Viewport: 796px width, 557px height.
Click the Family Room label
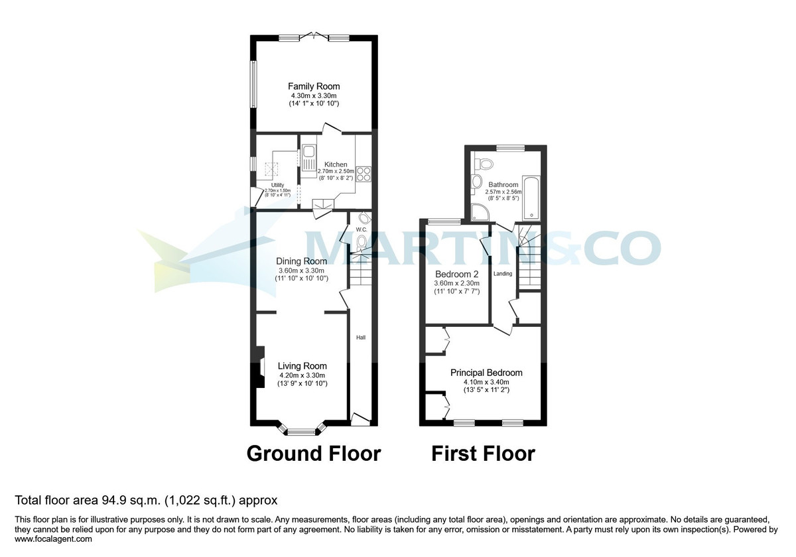pos(314,86)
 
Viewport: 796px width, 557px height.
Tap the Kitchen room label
pos(336,164)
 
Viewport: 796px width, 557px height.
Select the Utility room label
pos(277,185)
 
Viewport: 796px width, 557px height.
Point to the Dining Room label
pos(302,261)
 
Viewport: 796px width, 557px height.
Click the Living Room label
pos(302,366)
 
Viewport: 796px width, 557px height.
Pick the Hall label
pos(361,338)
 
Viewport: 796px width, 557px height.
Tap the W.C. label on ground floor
pos(362,229)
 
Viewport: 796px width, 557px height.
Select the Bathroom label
pos(503,185)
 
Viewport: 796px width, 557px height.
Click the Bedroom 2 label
pos(457,274)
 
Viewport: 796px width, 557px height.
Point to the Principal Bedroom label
pos(486,373)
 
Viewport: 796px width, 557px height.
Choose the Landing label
pos(503,273)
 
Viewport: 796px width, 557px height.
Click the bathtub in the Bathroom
pos(532,198)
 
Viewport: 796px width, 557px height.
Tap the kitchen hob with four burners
pos(364,174)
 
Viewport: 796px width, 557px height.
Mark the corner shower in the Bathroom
pos(479,212)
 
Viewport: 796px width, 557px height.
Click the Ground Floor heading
pos(314,454)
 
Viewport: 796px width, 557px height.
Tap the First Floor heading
pos(483,454)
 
